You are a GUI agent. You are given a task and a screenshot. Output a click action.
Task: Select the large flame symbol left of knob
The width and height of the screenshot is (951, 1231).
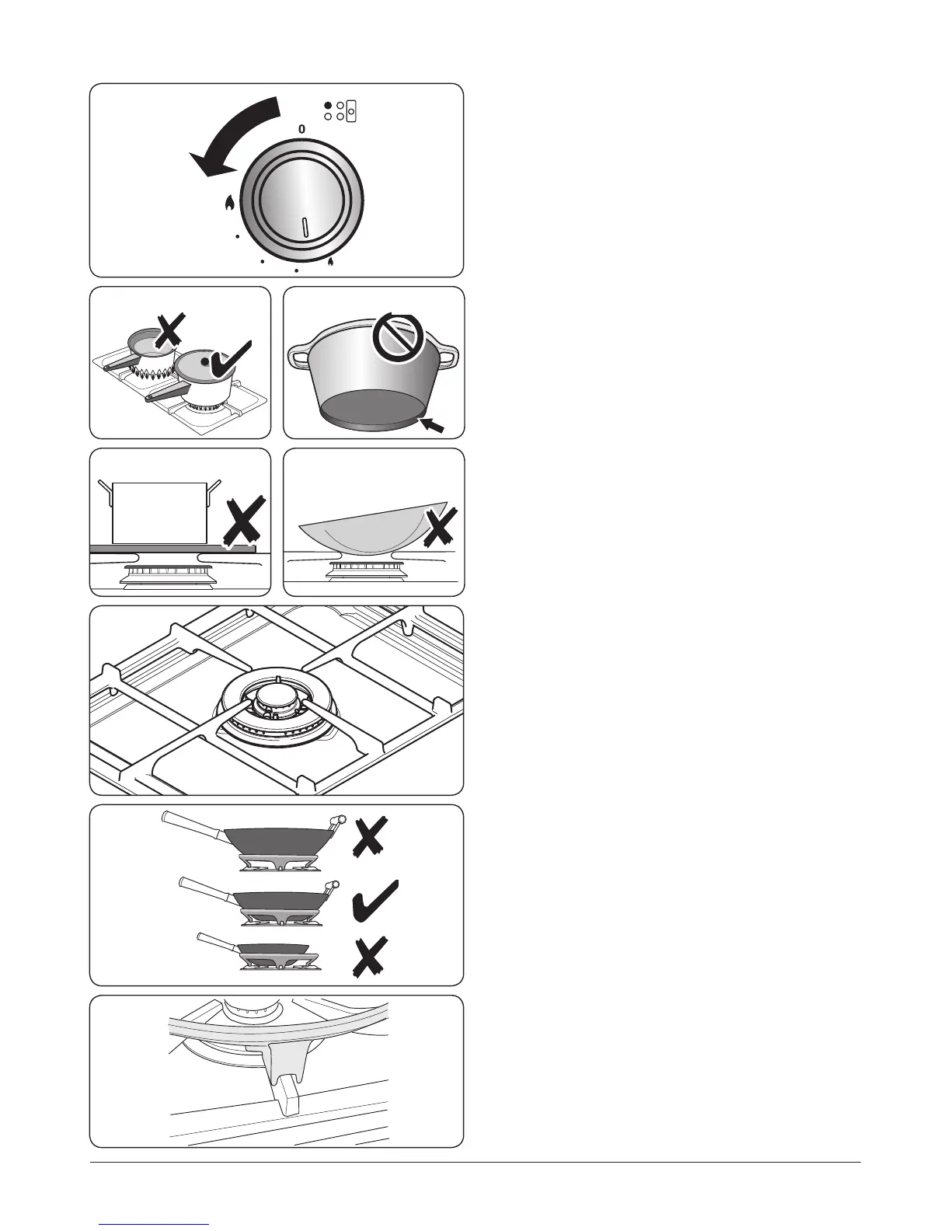click(x=229, y=204)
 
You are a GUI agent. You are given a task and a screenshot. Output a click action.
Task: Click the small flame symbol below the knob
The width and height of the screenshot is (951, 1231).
click(x=332, y=263)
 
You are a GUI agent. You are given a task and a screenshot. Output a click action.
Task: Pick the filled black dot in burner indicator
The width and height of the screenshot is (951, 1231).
click(x=328, y=105)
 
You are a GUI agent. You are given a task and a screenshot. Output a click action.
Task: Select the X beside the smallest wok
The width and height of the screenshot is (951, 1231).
click(x=370, y=957)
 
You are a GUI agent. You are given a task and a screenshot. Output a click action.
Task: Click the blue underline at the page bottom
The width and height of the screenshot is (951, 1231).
click(x=155, y=1224)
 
